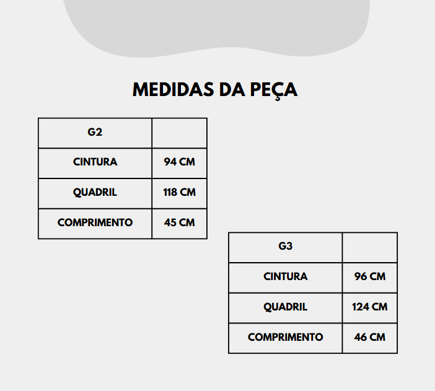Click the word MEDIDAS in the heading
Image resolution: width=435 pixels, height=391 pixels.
coord(173,90)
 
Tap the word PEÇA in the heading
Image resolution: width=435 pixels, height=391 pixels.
coord(274,90)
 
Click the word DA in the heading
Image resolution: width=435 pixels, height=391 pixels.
coord(232,90)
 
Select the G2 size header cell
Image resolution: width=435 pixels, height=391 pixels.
coord(95,133)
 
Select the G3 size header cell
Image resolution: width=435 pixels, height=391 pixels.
coord(286,247)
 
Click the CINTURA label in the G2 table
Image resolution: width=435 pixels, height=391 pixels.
coord(95,162)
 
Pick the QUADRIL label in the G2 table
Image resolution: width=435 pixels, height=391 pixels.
coord(95,193)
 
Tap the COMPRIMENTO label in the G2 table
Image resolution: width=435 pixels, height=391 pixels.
coord(95,222)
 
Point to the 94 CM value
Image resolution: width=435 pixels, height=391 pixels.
coord(180,162)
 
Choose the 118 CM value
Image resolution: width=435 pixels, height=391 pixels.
coord(180,192)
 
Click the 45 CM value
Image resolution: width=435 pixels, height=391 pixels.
coord(180,222)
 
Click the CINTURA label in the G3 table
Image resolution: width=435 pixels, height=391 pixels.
coord(286,276)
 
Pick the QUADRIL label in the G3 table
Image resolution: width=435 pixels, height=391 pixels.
coord(286,307)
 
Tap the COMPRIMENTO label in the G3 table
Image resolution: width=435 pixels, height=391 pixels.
coord(286,338)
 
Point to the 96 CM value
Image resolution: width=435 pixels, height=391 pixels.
coord(370,276)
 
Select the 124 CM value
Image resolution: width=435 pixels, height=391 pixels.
coord(370,307)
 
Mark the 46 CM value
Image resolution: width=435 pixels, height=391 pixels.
coord(370,338)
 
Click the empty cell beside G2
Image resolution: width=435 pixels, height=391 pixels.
coord(180,133)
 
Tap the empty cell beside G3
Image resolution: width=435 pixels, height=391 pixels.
coord(370,247)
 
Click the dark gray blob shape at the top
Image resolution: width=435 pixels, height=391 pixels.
coord(216,25)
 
